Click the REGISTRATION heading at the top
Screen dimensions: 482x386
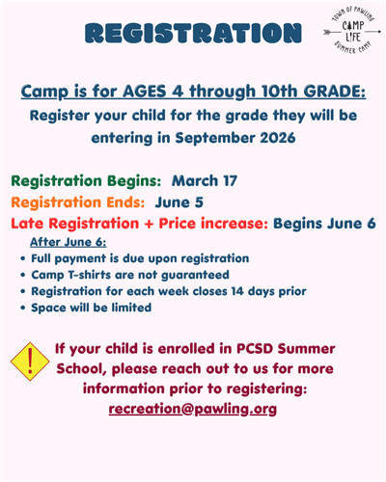(x=181, y=33)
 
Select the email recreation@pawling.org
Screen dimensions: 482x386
(x=194, y=409)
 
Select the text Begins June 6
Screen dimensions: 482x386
(x=323, y=225)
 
